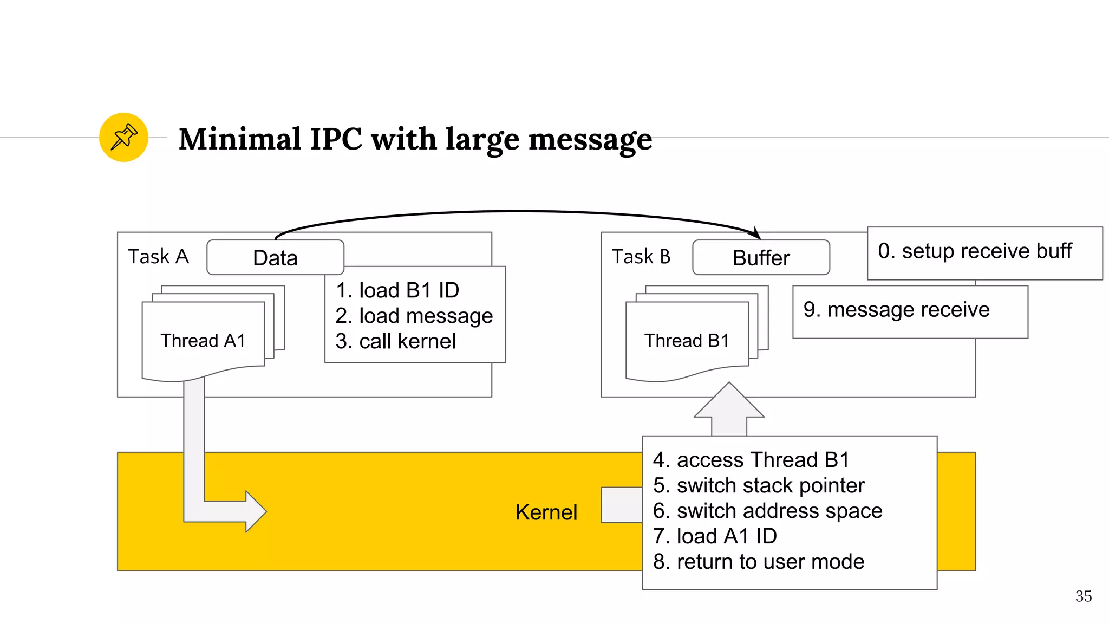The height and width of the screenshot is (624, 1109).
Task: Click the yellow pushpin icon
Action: [x=123, y=137]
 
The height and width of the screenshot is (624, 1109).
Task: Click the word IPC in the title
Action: [x=336, y=139]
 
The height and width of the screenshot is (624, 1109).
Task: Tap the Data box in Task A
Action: [x=275, y=258]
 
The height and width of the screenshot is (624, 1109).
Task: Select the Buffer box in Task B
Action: [x=761, y=258]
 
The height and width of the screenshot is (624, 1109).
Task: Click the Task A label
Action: [x=158, y=256]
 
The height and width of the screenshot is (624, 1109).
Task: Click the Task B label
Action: [x=641, y=256]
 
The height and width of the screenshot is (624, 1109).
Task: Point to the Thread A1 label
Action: [x=203, y=341]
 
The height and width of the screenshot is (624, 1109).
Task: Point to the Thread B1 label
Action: [x=687, y=341]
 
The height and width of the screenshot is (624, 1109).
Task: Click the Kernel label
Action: [x=546, y=512]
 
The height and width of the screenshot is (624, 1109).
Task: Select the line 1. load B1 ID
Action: [x=397, y=290]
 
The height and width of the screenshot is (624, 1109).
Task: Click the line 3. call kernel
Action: [x=395, y=341]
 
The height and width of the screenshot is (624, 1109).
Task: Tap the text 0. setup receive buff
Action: [x=975, y=251]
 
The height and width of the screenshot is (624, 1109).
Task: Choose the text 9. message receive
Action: [x=896, y=310]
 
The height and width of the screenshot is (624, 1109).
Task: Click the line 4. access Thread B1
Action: [x=751, y=460]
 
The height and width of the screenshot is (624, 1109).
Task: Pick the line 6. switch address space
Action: [x=767, y=511]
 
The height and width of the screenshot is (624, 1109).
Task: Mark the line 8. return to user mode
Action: [x=758, y=562]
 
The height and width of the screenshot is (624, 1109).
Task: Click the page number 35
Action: [x=1083, y=596]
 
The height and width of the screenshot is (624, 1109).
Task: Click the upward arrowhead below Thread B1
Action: [x=729, y=401]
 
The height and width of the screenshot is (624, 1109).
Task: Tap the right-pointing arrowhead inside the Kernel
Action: [x=255, y=511]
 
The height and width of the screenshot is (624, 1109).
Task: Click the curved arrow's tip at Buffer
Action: [x=757, y=234]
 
